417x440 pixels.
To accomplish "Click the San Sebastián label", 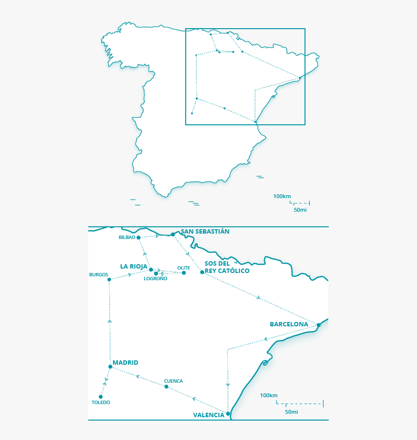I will click(205, 232).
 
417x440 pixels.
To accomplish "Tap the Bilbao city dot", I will click(139, 237).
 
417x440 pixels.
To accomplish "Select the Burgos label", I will click(98, 274).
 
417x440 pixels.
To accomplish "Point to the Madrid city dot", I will click(111, 367).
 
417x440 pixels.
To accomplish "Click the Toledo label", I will click(101, 403).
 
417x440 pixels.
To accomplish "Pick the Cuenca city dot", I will click(166, 387).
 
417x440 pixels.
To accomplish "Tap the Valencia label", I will click(208, 415).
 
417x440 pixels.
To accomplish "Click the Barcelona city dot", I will click(319, 325).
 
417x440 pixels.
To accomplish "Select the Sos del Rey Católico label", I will click(226, 267).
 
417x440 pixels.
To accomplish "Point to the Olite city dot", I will click(184, 273).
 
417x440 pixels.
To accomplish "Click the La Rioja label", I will click(133, 266).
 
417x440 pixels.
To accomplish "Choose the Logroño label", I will click(156, 279).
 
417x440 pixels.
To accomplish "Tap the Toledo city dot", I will click(101, 397).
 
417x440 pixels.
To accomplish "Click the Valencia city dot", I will click(228, 414).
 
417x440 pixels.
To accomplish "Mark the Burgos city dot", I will click(109, 279).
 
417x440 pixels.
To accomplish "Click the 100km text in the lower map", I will click(269, 395).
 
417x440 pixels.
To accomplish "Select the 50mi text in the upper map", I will click(300, 210).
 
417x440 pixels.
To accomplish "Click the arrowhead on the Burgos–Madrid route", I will click(110, 321).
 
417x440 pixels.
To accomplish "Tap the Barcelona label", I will click(289, 324).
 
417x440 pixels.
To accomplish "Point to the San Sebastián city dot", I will click(173, 234).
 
